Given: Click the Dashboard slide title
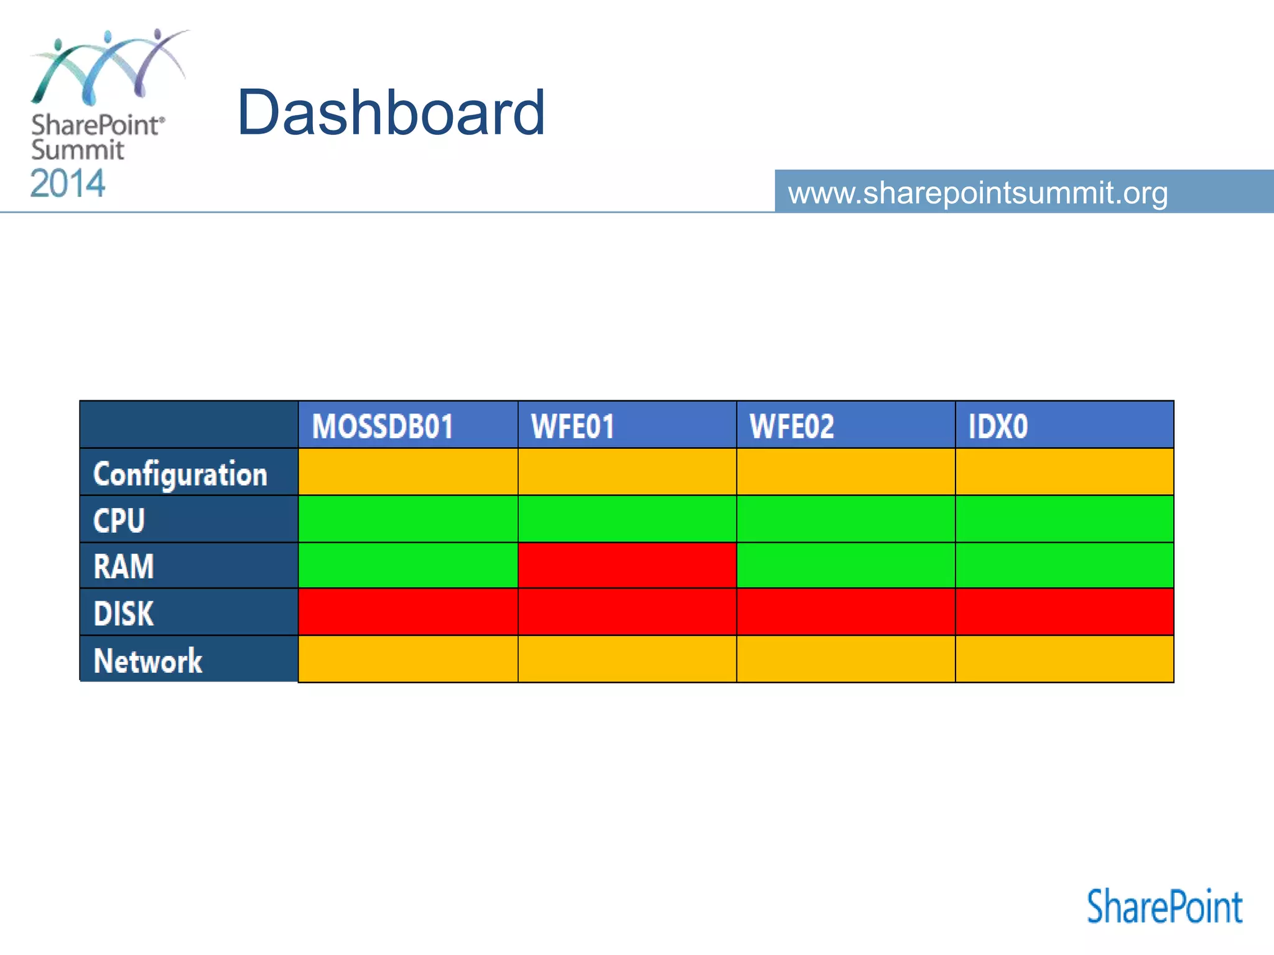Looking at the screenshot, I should [391, 113].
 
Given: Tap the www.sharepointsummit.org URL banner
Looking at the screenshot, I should [977, 192].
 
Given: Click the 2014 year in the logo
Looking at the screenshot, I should [68, 184].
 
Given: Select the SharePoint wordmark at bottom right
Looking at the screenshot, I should [1164, 907].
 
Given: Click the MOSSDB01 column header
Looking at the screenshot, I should [383, 427].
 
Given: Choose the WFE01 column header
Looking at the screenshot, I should [572, 427].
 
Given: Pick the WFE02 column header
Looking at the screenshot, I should [791, 427].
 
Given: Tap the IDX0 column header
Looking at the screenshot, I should [998, 427].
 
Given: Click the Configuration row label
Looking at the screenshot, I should [180, 474].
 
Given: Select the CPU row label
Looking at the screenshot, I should [119, 520].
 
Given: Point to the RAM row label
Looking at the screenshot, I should [123, 566].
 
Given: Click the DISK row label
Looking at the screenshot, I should [123, 614].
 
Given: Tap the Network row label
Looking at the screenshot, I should [147, 660].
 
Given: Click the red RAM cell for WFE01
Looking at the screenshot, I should [627, 565].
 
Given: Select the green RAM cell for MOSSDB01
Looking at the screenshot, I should [408, 565].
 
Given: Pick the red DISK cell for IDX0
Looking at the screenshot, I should [1064, 612].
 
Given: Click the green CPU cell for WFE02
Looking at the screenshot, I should [846, 519].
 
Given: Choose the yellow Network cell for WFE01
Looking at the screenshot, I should [627, 658].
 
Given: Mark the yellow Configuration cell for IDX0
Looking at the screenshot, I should [1064, 472].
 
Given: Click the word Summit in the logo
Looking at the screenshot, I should [78, 150].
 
